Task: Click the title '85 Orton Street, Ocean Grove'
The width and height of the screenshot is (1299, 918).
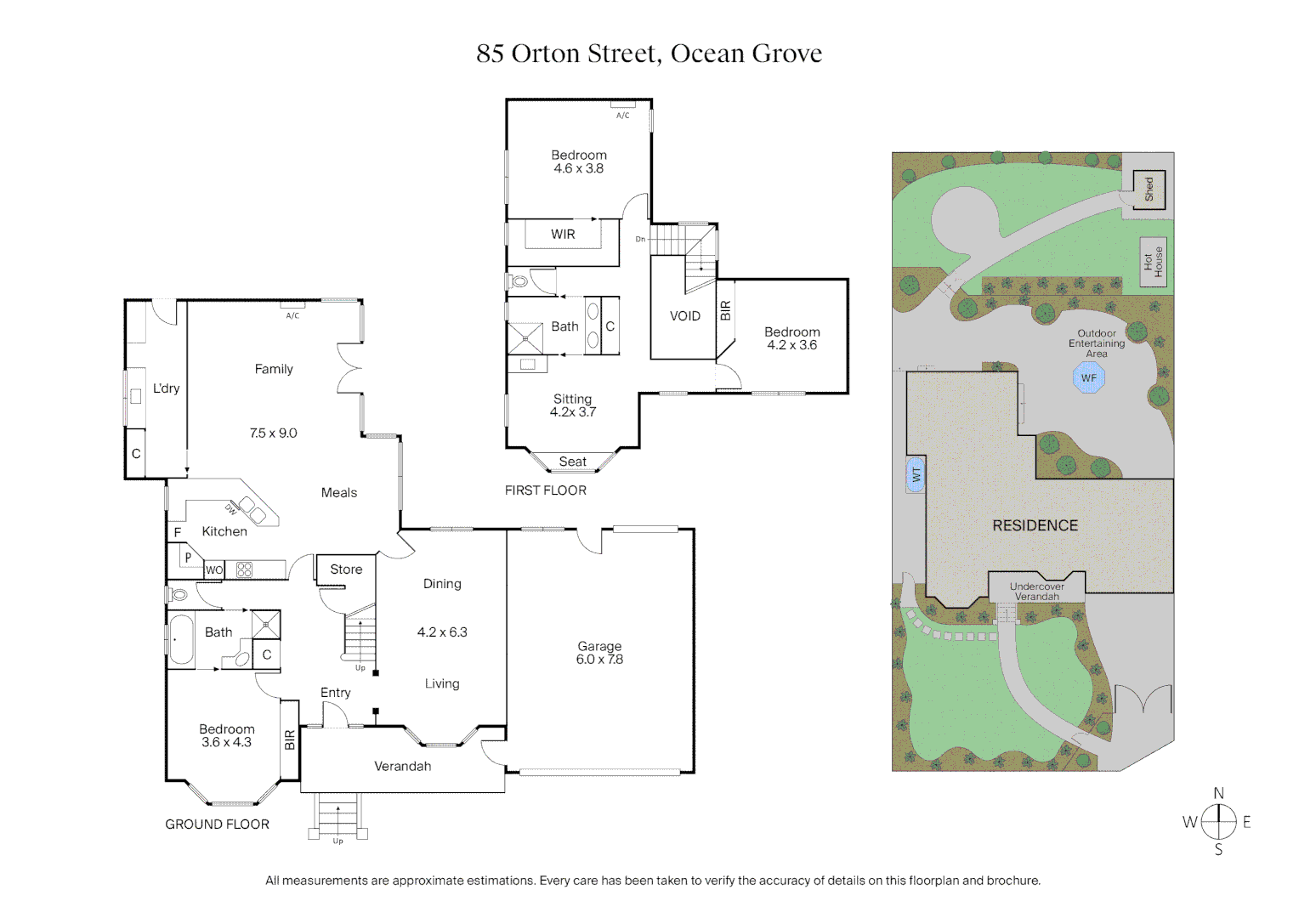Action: click(x=649, y=54)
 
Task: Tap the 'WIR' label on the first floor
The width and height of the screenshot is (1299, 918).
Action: click(x=563, y=235)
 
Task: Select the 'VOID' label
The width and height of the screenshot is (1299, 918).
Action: click(x=684, y=316)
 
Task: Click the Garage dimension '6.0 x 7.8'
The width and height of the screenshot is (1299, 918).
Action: click(x=599, y=660)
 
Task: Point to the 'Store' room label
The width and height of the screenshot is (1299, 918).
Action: click(x=346, y=569)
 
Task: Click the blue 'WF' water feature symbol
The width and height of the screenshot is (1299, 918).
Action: click(x=1088, y=378)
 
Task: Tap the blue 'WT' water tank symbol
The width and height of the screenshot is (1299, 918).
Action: click(x=916, y=474)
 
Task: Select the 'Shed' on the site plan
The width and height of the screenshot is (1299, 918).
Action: click(x=1149, y=189)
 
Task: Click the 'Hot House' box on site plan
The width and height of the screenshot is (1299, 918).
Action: click(x=1153, y=262)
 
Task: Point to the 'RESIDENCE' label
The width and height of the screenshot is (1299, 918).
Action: click(x=1035, y=526)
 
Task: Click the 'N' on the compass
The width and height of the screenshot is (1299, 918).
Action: click(x=1218, y=793)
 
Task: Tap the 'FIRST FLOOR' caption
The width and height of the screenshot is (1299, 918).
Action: click(x=545, y=490)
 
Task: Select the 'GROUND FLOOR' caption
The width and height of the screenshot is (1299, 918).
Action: click(x=217, y=824)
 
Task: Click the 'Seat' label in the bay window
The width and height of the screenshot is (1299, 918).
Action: click(x=572, y=462)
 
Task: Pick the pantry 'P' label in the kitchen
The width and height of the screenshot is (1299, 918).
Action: click(x=188, y=558)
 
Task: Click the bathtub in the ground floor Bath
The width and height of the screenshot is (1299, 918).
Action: click(x=181, y=640)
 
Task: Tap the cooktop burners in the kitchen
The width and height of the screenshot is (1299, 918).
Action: click(x=244, y=569)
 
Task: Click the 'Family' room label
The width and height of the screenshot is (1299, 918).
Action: click(x=274, y=369)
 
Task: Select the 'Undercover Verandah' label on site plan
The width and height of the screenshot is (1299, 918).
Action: click(x=1036, y=592)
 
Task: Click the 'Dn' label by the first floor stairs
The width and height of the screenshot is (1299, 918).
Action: click(x=640, y=240)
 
